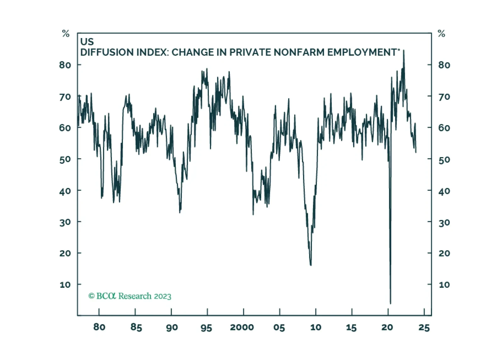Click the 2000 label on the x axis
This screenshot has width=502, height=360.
pyautogui.click(x=242, y=328)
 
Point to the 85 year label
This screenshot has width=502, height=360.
pyautogui.click(x=136, y=328)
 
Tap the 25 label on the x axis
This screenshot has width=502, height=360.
pyautogui.click(x=424, y=328)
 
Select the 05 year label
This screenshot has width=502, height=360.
pyautogui.click(x=279, y=328)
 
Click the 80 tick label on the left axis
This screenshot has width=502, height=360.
pyautogui.click(x=65, y=65)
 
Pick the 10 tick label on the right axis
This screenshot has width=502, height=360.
pyautogui.click(x=444, y=285)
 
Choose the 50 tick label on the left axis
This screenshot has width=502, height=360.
pyautogui.click(x=65, y=159)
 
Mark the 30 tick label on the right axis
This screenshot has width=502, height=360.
pyautogui.click(x=444, y=222)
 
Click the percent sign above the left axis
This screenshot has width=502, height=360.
pyautogui.click(x=66, y=34)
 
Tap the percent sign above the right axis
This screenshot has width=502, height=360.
pyautogui.click(x=442, y=34)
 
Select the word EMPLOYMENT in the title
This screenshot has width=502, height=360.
pyautogui.click(x=362, y=52)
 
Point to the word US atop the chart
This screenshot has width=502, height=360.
pyautogui.click(x=87, y=42)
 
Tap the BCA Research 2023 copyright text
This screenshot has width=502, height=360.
pyautogui.click(x=130, y=296)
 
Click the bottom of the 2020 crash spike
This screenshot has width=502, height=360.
pyautogui.click(x=391, y=303)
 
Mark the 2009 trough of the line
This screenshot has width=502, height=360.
pyautogui.click(x=311, y=265)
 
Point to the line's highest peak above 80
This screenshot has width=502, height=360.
pyautogui.click(x=404, y=50)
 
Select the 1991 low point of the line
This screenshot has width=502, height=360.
pyautogui.click(x=180, y=212)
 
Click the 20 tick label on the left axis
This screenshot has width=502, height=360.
pyautogui.click(x=65, y=253)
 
